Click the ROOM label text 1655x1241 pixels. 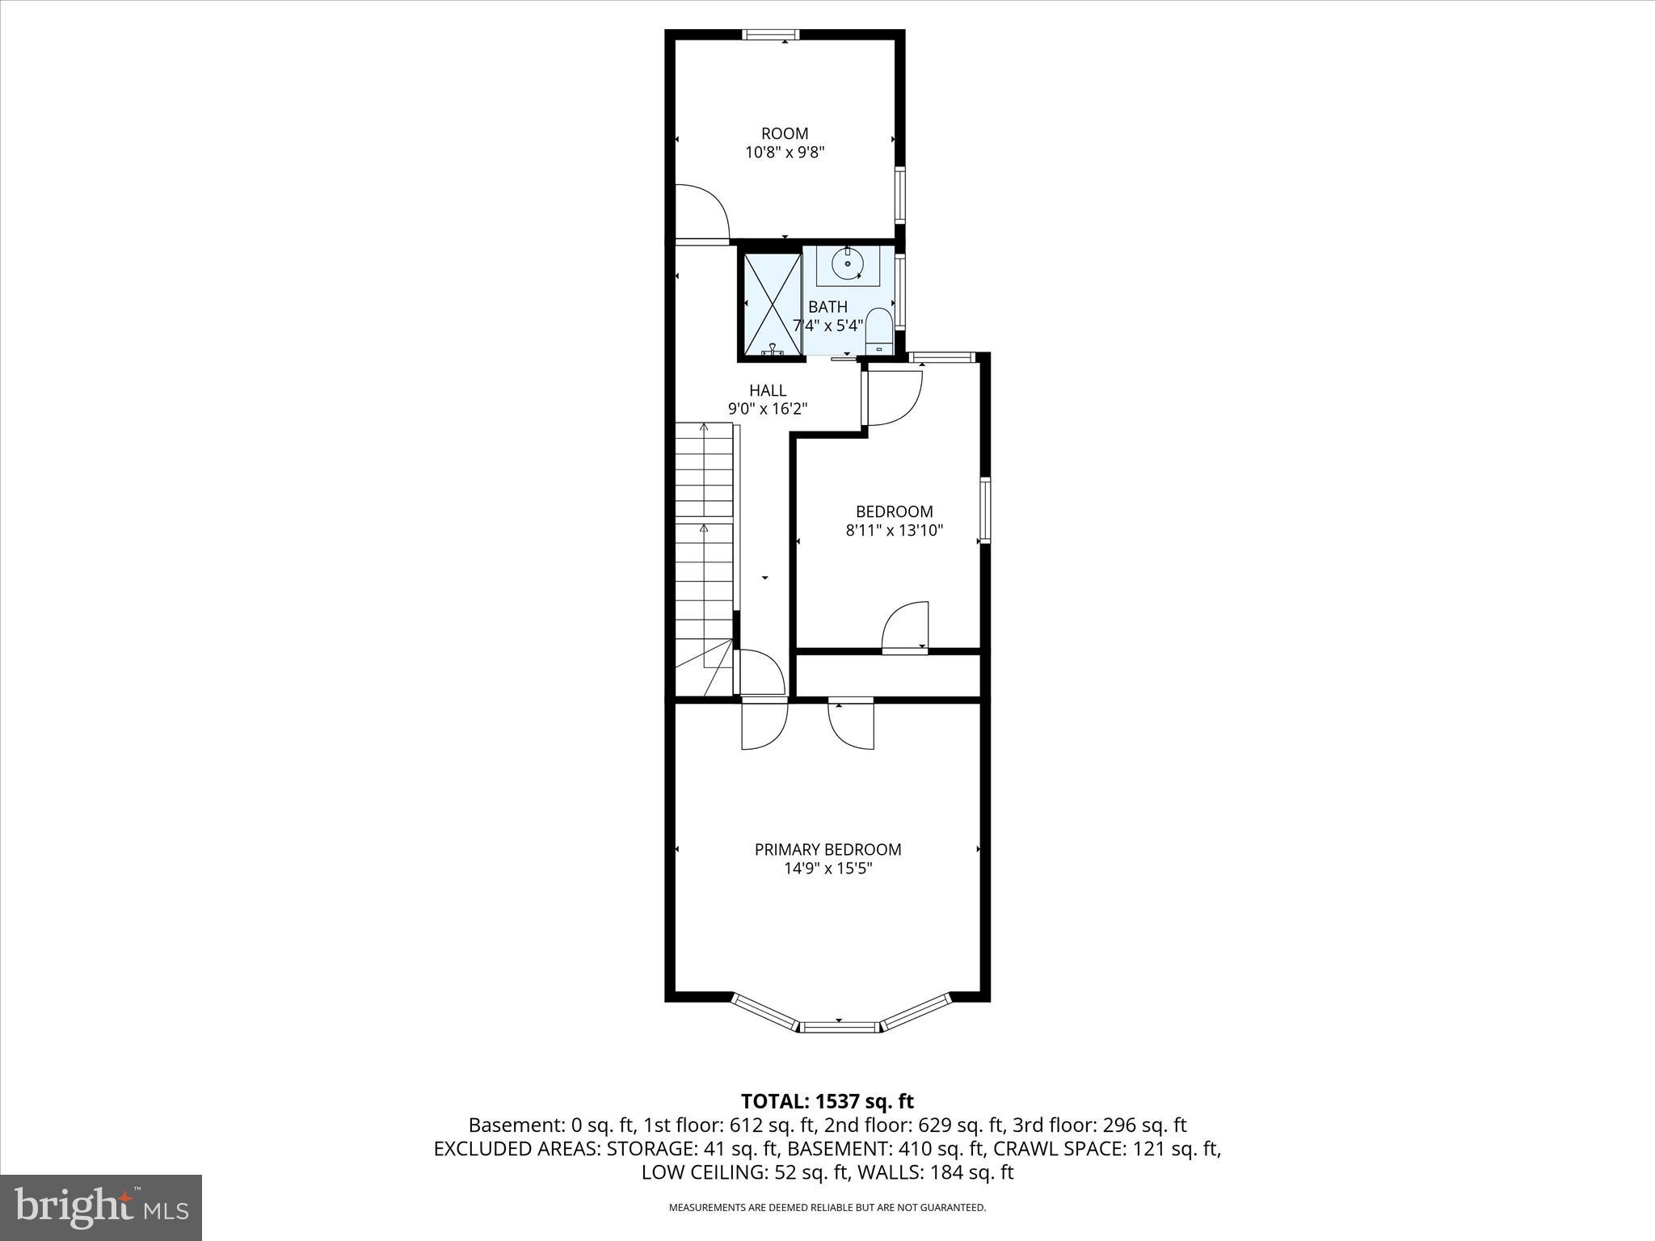[x=784, y=133]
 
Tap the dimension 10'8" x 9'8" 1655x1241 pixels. [x=784, y=152]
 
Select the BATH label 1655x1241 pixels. [x=827, y=307]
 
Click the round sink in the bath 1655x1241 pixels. [x=847, y=264]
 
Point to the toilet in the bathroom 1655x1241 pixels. [x=878, y=330]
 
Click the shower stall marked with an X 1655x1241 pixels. [x=772, y=304]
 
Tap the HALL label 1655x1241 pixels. [x=767, y=390]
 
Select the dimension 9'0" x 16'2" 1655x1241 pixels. [x=767, y=410]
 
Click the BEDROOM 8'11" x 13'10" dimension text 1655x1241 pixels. [x=894, y=531]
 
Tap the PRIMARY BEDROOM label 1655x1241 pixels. [x=827, y=849]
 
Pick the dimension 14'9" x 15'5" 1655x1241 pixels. [x=827, y=869]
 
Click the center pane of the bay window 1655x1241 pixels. [x=839, y=1026]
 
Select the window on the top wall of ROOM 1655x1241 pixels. [x=770, y=34]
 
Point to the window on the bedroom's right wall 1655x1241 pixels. [x=985, y=510]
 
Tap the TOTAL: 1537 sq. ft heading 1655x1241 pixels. [x=827, y=1101]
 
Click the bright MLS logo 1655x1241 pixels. [x=101, y=1207]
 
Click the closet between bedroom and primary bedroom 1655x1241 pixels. [x=887, y=674]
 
